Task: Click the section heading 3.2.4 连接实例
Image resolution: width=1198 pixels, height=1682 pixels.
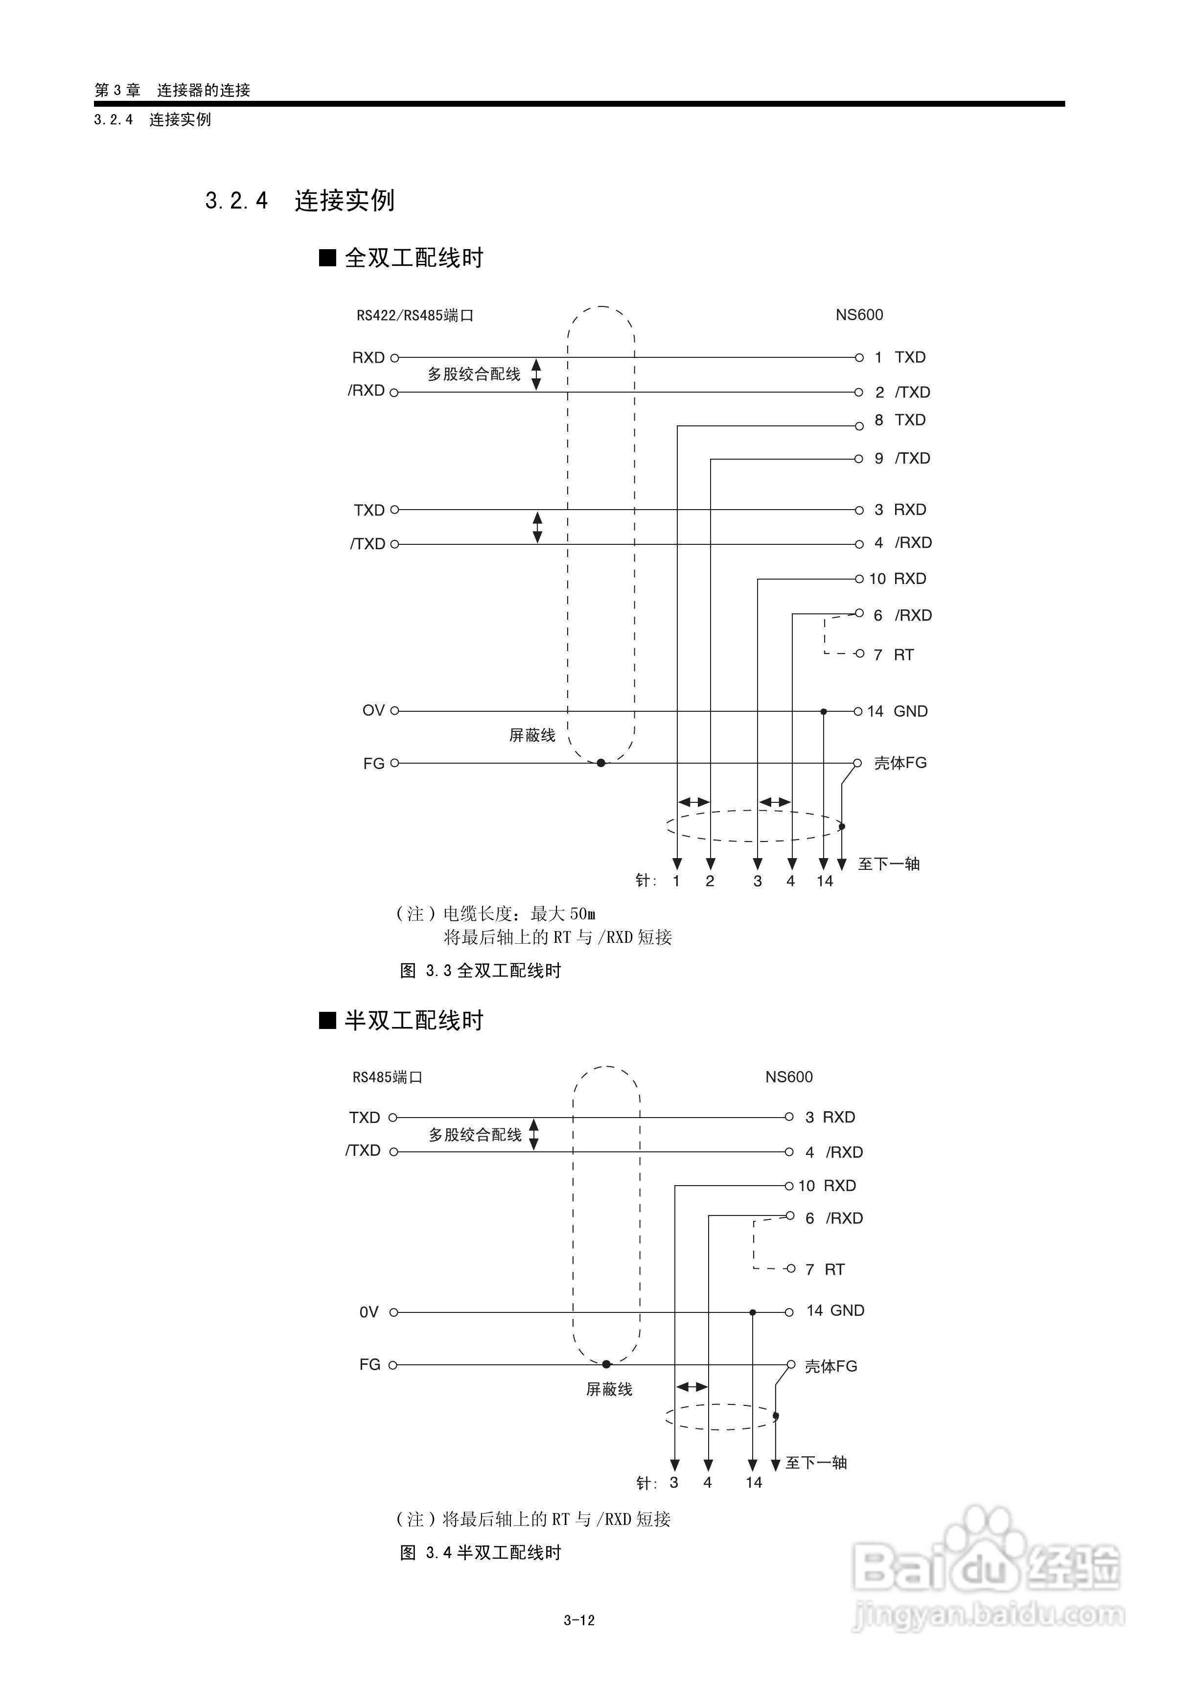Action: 299,201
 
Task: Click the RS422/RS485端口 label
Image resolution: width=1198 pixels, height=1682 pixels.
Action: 415,316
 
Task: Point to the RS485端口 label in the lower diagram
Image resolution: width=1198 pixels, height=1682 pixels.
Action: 387,1078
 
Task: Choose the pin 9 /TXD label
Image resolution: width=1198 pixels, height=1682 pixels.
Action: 902,459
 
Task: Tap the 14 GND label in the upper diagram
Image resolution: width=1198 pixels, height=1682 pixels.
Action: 897,712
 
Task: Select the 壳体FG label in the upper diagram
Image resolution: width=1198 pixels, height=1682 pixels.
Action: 900,764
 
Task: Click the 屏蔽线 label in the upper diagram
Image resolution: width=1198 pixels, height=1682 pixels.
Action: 532,735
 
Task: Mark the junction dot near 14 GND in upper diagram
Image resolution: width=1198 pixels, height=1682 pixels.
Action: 824,712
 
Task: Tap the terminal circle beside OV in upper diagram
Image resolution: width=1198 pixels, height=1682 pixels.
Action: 394,711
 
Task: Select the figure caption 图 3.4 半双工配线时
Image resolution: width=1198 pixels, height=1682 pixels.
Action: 480,1553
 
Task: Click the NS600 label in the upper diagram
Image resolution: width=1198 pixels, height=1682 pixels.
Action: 859,315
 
